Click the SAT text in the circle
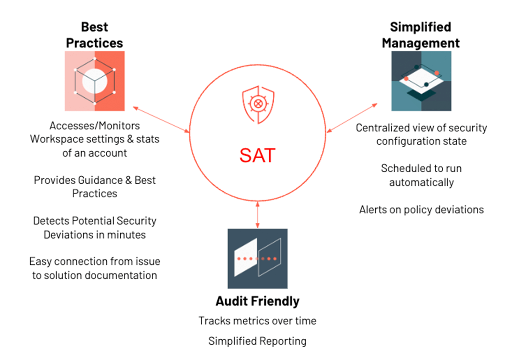coord(257,155)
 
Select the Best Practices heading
coord(95,35)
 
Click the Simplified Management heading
coord(421,35)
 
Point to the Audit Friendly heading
coord(257,301)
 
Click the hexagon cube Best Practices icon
coord(95,81)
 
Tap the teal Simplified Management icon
coord(421,81)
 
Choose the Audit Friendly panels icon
coord(257,258)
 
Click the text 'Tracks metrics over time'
coord(257,321)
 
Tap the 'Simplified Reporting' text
coord(257,341)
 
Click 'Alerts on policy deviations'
coord(421,209)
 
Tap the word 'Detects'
coord(51,221)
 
